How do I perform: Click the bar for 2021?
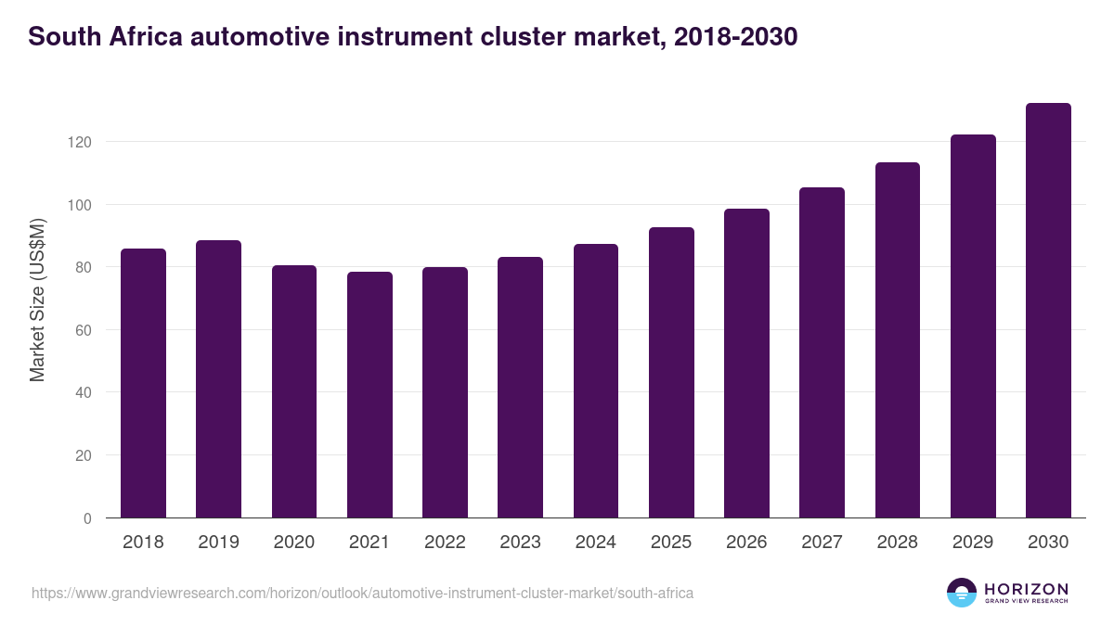[369, 395]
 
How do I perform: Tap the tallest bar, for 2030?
[1048, 311]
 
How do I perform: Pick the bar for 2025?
[671, 373]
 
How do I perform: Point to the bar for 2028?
[898, 340]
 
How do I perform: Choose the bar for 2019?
[218, 379]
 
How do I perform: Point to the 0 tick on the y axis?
[87, 518]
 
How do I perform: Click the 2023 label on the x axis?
[520, 543]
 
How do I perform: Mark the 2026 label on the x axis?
[746, 543]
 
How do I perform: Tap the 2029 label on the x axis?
[973, 543]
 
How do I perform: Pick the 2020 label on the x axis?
[293, 543]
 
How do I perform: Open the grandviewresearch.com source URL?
[362, 593]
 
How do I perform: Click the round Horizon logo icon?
[962, 593]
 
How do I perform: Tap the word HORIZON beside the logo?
[1026, 589]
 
